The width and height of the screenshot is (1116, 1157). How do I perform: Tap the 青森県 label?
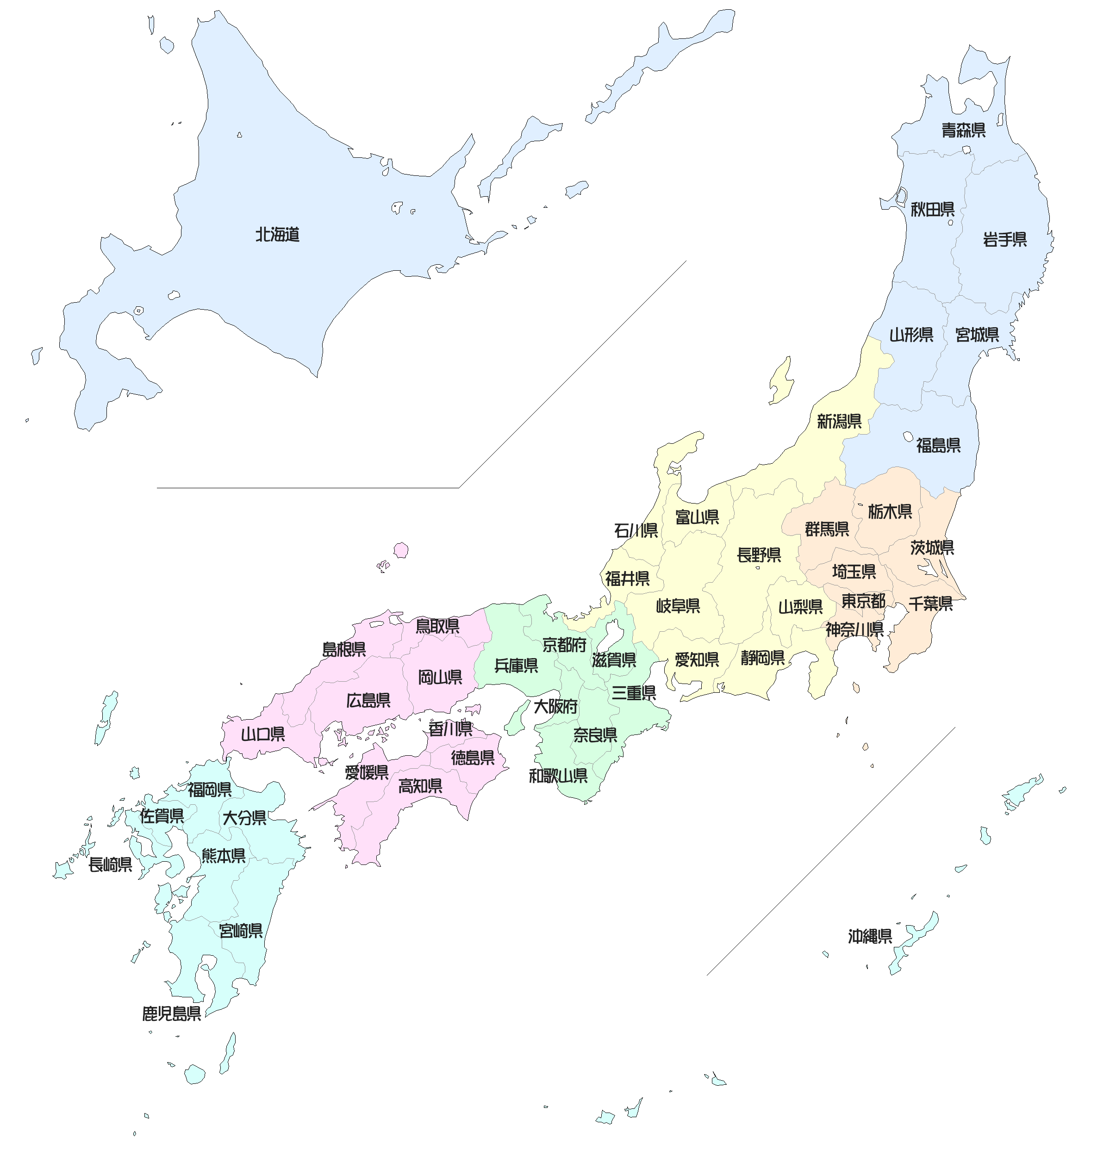pyautogui.click(x=963, y=131)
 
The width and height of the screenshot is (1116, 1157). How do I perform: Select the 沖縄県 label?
pyautogui.click(x=870, y=936)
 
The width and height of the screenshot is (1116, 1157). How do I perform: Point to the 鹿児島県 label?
pyautogui.click(x=171, y=1014)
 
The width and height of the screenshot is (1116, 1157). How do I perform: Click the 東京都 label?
pyautogui.click(x=863, y=601)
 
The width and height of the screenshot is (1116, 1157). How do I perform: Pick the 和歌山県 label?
pyautogui.click(x=558, y=776)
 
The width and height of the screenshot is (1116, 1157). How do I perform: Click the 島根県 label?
pyautogui.click(x=343, y=649)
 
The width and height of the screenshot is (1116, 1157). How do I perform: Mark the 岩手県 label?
pyautogui.click(x=1004, y=240)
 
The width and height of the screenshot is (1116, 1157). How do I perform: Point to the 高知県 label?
pyautogui.click(x=420, y=786)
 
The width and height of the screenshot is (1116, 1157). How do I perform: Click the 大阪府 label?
pyautogui.click(x=555, y=707)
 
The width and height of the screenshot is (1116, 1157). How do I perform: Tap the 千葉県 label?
pyautogui.click(x=930, y=604)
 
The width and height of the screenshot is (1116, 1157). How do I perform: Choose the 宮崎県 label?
pyautogui.click(x=240, y=931)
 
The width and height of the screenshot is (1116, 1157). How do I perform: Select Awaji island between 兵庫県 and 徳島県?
pyautogui.click(x=517, y=717)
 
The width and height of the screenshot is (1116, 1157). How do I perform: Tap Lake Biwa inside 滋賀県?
pyautogui.click(x=609, y=638)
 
